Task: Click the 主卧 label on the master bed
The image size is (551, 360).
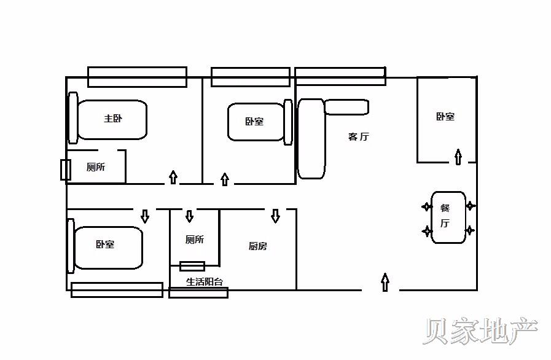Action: pyautogui.click(x=112, y=119)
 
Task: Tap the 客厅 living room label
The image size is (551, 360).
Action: pyautogui.click(x=358, y=137)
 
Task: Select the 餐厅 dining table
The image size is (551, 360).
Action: pyautogui.click(x=448, y=217)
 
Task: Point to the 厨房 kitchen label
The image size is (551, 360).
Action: pyautogui.click(x=257, y=246)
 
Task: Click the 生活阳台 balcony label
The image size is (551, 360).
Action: pyautogui.click(x=205, y=281)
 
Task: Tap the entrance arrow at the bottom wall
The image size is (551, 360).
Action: pyautogui.click(x=385, y=283)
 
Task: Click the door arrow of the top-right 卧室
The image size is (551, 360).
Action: pyautogui.click(x=458, y=157)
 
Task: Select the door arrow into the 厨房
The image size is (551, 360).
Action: pyautogui.click(x=275, y=216)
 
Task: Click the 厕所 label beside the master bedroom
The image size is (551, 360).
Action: pyautogui.click(x=96, y=167)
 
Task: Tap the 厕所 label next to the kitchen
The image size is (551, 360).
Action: pyautogui.click(x=194, y=240)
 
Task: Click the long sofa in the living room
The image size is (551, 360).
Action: pyautogui.click(x=311, y=139)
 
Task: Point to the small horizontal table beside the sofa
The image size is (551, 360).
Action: pyautogui.click(x=346, y=107)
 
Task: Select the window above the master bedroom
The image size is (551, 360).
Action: pyautogui.click(x=137, y=77)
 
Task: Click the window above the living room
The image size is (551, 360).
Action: pyautogui.click(x=340, y=76)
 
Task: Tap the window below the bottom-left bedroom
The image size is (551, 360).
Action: pyautogui.click(x=117, y=289)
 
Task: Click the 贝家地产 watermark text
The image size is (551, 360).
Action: pyautogui.click(x=480, y=332)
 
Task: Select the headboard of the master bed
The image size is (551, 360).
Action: pyautogui.click(x=72, y=119)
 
